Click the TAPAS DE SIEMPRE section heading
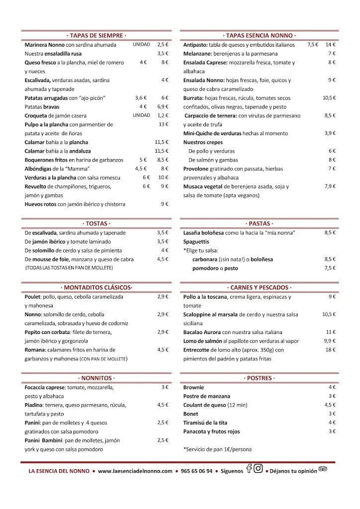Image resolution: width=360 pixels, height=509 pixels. click(x=96, y=36)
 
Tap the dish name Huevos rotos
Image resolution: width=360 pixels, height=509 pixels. click(x=41, y=204)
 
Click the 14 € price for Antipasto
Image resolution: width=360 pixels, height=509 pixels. click(x=331, y=45)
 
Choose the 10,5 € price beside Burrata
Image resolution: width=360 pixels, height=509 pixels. click(x=329, y=98)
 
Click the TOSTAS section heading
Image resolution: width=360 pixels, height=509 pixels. click(x=96, y=224)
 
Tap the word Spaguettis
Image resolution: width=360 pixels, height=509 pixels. click(x=196, y=242)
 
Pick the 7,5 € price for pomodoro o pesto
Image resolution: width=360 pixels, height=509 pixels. click(x=331, y=268)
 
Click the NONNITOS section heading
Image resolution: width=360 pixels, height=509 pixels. click(x=96, y=378)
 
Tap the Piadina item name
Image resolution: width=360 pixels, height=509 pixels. click(x=35, y=405)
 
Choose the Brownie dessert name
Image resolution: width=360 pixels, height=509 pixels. click(x=193, y=387)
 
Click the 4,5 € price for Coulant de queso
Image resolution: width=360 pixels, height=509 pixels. click(x=331, y=405)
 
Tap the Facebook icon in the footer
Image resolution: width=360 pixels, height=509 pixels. click(x=249, y=469)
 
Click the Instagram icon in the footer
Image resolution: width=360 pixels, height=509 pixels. click(x=258, y=469)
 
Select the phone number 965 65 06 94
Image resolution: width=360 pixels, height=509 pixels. click(x=197, y=471)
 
